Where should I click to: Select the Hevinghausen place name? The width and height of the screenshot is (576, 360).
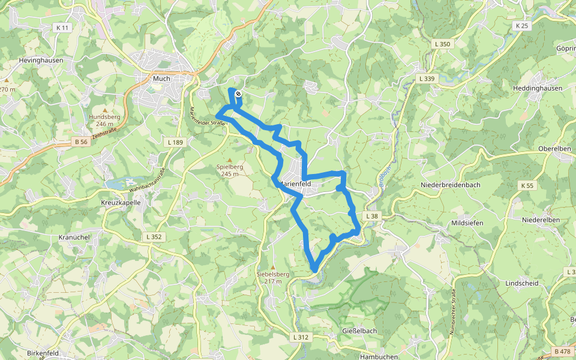41,60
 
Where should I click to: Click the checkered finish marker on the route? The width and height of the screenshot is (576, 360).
238,94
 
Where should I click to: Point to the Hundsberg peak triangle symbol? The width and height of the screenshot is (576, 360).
104,110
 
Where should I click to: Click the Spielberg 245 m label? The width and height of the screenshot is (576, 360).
227,170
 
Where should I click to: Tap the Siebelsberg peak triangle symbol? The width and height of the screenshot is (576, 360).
273,268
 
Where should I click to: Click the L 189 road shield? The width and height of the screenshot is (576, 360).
175,142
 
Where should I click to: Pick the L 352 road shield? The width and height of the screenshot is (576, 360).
154,237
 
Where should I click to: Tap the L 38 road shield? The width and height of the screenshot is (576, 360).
372,216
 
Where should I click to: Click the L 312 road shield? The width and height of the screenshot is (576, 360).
301,337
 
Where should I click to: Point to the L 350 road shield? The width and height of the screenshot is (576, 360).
442,44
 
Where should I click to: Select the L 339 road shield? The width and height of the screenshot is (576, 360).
427,79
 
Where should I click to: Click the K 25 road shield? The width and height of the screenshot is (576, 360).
522,26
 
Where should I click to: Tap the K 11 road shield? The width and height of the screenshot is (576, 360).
62,28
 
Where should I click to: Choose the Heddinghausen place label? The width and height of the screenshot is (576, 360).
537,88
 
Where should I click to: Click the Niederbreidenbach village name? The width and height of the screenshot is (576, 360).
451,185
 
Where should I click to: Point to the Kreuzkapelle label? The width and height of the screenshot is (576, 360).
121,203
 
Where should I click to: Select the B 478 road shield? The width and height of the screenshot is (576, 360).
563,351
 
